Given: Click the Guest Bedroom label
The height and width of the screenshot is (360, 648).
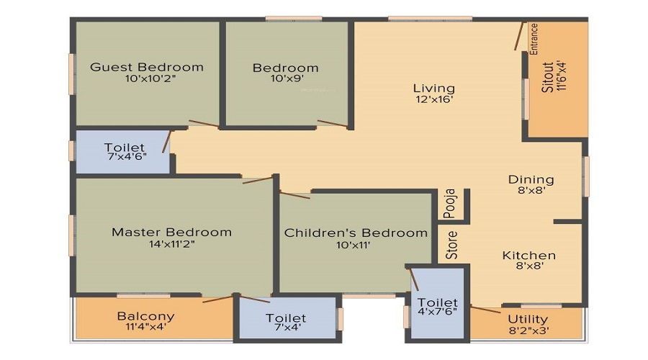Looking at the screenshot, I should tap(147, 67).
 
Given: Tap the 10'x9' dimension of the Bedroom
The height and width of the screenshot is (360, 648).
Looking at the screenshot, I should tap(285, 79).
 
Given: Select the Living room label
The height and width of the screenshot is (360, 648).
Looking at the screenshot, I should tap(433, 88).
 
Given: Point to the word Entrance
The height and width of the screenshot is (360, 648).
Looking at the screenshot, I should tap(534, 39).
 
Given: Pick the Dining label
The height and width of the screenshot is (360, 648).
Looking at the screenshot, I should tap(531, 179).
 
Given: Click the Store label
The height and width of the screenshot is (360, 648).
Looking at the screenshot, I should tap(451, 245).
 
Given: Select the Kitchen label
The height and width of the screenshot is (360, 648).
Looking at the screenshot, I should tap(529, 255).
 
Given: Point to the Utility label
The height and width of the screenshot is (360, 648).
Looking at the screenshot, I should tap(528, 319).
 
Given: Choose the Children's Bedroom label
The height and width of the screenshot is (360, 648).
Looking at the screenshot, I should tap(356, 233).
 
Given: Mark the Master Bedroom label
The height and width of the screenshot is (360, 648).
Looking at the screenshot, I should tap(171, 232).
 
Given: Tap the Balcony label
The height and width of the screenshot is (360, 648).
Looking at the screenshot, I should tap(146, 316).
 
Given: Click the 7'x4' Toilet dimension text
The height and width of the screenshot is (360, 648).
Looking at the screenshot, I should tap(285, 329).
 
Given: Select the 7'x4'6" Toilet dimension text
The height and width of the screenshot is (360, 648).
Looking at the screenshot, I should tap(125, 156).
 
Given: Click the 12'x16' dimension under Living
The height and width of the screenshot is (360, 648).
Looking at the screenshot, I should tap(433, 100).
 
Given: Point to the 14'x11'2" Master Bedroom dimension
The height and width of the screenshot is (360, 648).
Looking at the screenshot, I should tap(171, 244).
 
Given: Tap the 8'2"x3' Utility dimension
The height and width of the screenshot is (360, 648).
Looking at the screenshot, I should tap(528, 330).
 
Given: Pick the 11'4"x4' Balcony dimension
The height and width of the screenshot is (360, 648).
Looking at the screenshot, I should tap(146, 328).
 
